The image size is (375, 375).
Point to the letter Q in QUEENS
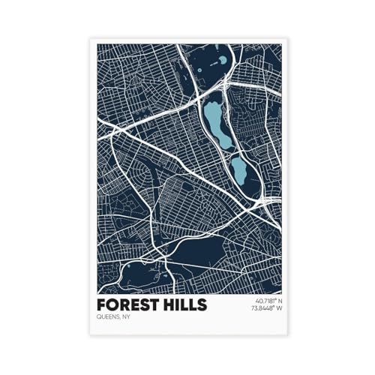[99, 317]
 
